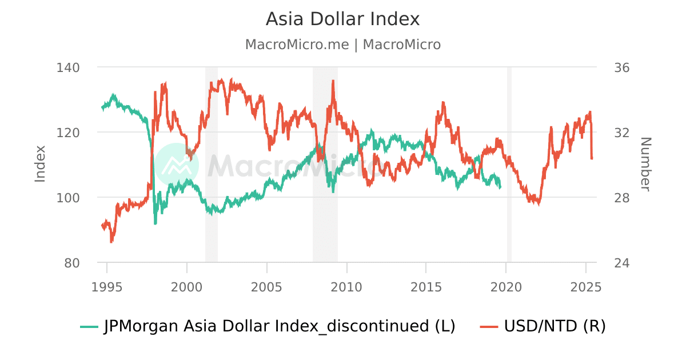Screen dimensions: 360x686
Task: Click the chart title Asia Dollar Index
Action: [342, 19]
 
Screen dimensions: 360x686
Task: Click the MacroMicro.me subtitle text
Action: [342, 45]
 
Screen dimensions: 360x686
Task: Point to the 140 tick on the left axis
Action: [68, 67]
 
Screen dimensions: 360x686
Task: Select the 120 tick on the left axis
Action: [68, 133]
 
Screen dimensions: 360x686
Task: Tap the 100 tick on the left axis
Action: [68, 198]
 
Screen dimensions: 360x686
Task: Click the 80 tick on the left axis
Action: [72, 263]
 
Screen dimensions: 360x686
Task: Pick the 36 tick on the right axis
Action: [621, 67]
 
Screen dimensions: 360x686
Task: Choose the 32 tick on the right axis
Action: [621, 133]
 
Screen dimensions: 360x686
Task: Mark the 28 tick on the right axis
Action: [621, 198]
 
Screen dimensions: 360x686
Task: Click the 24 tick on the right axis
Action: [621, 263]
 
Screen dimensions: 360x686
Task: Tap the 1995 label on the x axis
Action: [107, 287]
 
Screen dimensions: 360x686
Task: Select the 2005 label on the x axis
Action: [266, 287]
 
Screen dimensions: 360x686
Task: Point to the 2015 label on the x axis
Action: [426, 287]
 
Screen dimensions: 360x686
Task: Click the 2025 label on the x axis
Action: [585, 287]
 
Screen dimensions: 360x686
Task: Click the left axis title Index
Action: [40, 164]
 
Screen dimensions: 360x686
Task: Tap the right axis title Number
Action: [645, 164]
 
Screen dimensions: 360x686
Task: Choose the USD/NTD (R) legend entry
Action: [543, 326]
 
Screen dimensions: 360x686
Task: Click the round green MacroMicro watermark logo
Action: [177, 165]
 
